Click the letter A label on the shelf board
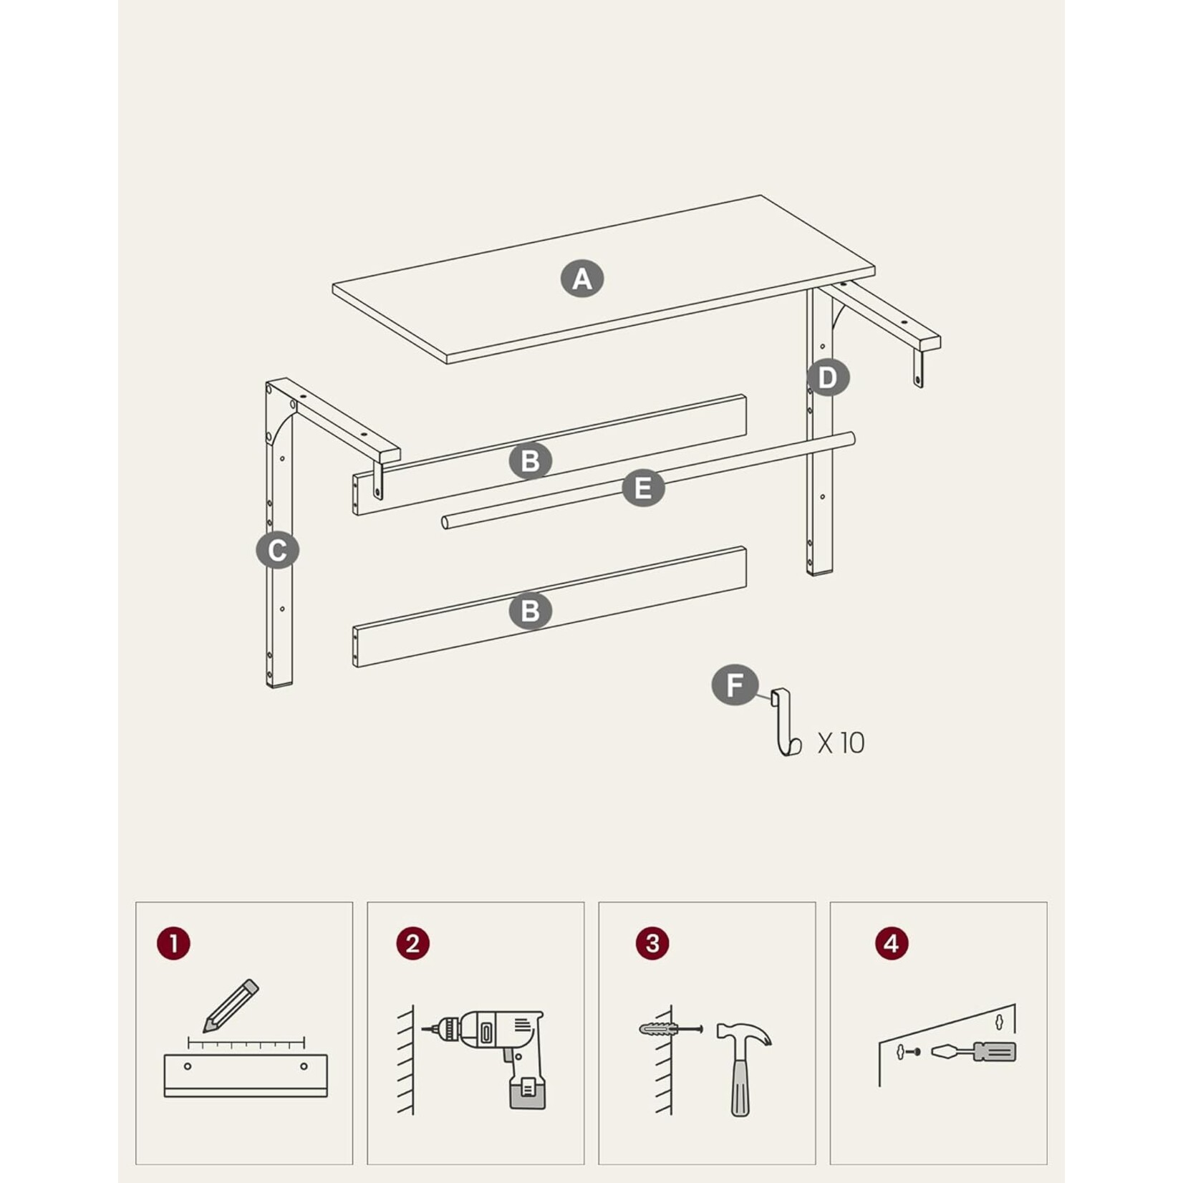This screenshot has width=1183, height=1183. (x=582, y=279)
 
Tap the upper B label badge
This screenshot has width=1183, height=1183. (x=531, y=461)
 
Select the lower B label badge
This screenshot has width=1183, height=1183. (x=531, y=612)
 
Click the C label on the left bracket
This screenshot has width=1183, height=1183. (x=277, y=551)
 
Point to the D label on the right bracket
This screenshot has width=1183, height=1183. (x=828, y=377)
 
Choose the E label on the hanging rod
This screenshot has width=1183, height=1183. (x=643, y=488)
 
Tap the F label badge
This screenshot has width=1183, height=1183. (x=735, y=685)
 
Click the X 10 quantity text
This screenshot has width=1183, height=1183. (x=841, y=743)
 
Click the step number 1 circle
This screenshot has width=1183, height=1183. (x=173, y=943)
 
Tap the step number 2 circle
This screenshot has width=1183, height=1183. (x=412, y=943)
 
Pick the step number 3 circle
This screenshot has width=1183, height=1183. (x=652, y=943)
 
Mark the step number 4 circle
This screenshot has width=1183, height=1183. (x=892, y=943)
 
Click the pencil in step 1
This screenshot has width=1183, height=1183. (x=231, y=1005)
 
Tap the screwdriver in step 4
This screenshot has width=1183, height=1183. (x=973, y=1052)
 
